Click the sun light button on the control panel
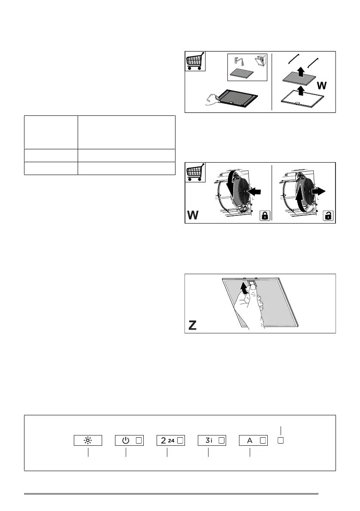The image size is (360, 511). coord(88,440)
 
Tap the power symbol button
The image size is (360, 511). coord(129,440)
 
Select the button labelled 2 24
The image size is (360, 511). coord(170,440)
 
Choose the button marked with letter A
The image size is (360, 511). coord(253,440)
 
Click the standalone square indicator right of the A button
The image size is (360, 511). coord(281,440)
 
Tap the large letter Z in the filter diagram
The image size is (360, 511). coord(193,326)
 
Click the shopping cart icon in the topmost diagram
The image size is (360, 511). coord(195,61)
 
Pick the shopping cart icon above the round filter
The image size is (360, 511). coord(195,172)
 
